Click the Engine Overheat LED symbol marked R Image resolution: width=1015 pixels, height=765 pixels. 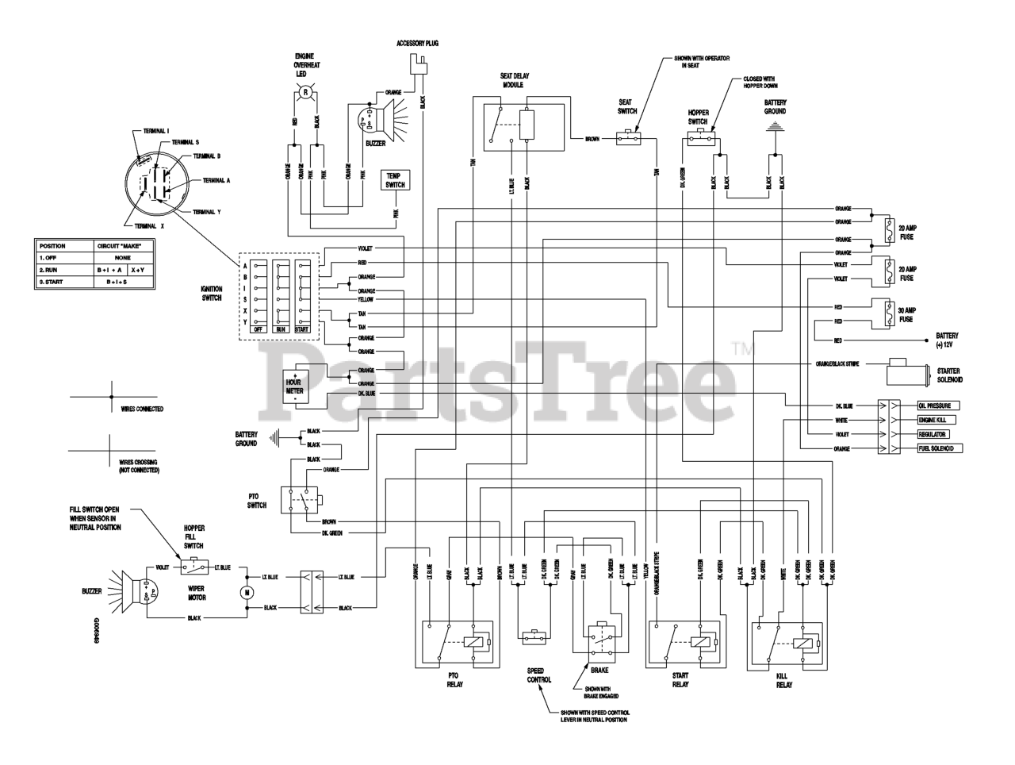tap(305, 94)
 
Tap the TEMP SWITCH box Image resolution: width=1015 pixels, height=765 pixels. tap(394, 179)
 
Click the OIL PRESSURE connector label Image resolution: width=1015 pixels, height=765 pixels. tap(935, 404)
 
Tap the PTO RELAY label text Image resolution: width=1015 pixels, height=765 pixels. tap(454, 679)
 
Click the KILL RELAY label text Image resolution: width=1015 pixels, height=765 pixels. tap(783, 679)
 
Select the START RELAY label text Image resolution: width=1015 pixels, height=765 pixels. tap(680, 679)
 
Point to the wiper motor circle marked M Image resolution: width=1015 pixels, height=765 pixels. tap(247, 591)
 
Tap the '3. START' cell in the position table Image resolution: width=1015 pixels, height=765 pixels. tap(54, 282)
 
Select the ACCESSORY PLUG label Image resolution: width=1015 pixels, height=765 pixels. tap(417, 43)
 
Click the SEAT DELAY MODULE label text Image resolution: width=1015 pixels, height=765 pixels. tap(515, 79)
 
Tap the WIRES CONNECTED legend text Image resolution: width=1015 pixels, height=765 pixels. tap(142, 409)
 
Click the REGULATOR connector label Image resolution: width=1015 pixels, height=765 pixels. tap(933, 434)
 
